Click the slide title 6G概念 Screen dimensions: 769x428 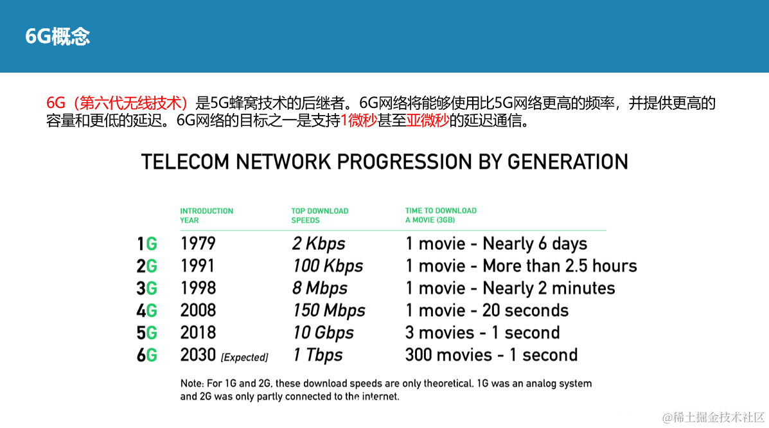point(57,37)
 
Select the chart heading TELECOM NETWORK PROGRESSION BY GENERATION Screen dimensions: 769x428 point(384,161)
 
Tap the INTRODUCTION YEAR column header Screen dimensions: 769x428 point(206,215)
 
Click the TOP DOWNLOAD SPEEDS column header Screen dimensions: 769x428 point(320,215)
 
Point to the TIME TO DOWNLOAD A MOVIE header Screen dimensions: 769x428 point(441,215)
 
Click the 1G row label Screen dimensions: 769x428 point(147,244)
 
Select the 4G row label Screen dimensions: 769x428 point(147,310)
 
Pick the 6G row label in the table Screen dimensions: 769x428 point(147,355)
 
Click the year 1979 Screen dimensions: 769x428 point(198,243)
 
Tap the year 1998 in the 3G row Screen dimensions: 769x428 point(198,288)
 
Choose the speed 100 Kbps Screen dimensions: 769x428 point(328,266)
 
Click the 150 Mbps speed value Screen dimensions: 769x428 point(329,310)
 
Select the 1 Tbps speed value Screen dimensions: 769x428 point(318,355)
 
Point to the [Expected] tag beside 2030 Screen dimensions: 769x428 point(245,357)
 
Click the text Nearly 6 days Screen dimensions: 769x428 point(535,244)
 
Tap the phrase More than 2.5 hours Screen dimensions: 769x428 point(560,265)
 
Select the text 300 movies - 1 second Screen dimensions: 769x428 point(491,354)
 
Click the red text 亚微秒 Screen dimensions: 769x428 point(428,120)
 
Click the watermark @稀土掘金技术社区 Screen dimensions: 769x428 point(713,417)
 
